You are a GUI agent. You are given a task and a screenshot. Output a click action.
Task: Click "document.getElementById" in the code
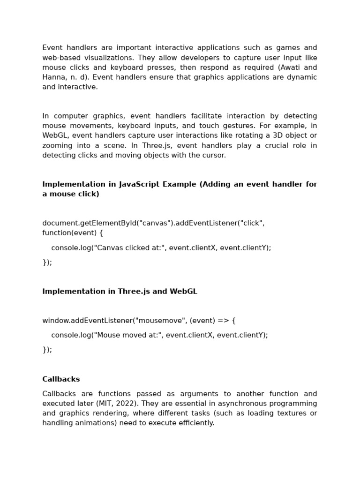point(89,223)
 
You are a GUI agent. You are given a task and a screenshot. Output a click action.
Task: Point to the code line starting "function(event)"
point(73,233)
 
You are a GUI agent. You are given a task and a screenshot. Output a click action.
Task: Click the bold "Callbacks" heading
point(61,379)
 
